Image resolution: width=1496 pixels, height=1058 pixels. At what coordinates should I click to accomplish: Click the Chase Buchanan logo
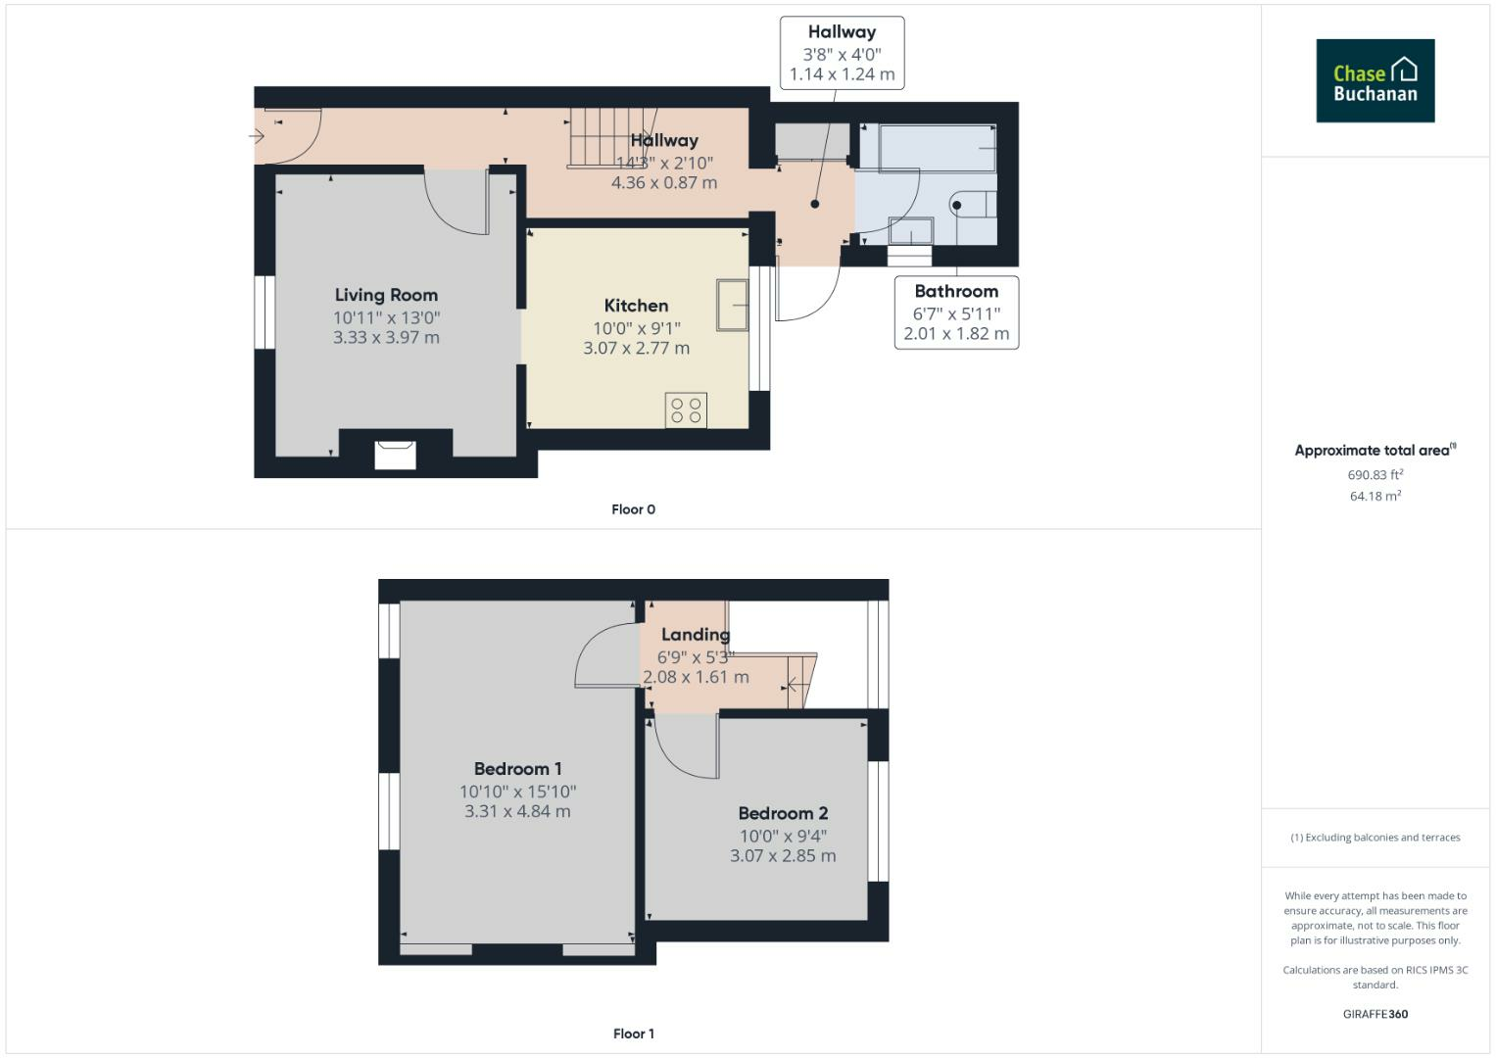pyautogui.click(x=1375, y=80)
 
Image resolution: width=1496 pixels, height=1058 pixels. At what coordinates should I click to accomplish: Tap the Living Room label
pyautogui.click(x=386, y=295)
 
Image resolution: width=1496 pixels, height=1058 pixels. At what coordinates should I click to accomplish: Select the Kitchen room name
pyautogui.click(x=636, y=306)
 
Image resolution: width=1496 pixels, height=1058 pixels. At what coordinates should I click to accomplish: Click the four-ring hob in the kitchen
pyautogui.click(x=686, y=410)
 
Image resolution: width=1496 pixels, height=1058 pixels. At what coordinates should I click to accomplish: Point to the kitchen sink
pyautogui.click(x=733, y=305)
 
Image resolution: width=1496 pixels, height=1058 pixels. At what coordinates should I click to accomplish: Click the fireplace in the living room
pyautogui.click(x=396, y=455)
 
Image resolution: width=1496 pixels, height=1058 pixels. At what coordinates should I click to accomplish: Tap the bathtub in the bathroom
pyautogui.click(x=938, y=148)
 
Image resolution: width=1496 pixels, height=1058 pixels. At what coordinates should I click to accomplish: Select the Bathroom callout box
pyautogui.click(x=956, y=313)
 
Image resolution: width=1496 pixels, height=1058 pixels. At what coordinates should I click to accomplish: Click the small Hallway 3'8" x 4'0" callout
pyautogui.click(x=843, y=53)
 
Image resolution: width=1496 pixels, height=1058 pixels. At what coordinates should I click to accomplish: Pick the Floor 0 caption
pyautogui.click(x=633, y=509)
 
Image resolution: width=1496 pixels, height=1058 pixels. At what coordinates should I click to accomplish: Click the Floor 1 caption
pyautogui.click(x=634, y=1034)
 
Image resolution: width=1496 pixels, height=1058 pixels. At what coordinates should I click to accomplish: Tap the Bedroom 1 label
pyautogui.click(x=517, y=769)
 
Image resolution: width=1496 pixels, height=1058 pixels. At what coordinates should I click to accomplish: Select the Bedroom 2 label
pyautogui.click(x=783, y=813)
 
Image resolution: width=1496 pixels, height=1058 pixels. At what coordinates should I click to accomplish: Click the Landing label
pyautogui.click(x=696, y=635)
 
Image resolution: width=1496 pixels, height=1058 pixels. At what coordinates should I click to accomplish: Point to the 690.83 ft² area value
pyautogui.click(x=1375, y=474)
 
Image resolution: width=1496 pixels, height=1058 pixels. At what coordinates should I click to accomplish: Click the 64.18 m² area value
pyautogui.click(x=1375, y=496)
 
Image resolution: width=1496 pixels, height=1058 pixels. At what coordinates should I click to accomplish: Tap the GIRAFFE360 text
pyautogui.click(x=1375, y=1014)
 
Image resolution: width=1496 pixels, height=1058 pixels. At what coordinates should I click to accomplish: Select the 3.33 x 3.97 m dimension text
pyautogui.click(x=386, y=337)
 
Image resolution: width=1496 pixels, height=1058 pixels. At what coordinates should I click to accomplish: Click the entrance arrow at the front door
pyautogui.click(x=257, y=136)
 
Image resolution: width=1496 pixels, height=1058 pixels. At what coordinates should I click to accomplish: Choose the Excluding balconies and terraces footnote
pyautogui.click(x=1375, y=837)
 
